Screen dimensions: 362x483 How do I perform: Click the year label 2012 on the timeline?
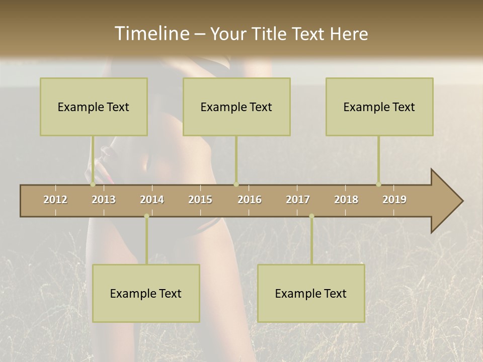55,200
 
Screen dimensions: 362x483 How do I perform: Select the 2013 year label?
104,200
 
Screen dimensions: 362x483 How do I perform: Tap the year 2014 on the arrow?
152,200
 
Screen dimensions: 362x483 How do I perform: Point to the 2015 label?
200,200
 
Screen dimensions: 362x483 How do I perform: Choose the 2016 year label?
250,200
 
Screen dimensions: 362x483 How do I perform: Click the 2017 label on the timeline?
298,200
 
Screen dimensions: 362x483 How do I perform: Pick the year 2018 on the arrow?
346,200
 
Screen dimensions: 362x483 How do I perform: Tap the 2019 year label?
394,200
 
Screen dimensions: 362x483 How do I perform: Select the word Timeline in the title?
151,34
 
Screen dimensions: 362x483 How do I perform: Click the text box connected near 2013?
94,107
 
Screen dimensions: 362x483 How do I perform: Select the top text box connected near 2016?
236,107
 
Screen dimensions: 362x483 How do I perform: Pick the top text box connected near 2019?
379,107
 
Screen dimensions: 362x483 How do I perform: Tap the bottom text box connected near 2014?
146,293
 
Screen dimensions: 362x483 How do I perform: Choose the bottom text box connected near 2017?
311,293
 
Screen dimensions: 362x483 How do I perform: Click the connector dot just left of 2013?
93,185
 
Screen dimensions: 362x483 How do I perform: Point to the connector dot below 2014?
146,216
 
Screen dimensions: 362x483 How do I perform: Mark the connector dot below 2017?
311,216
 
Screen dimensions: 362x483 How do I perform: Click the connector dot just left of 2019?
378,185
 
